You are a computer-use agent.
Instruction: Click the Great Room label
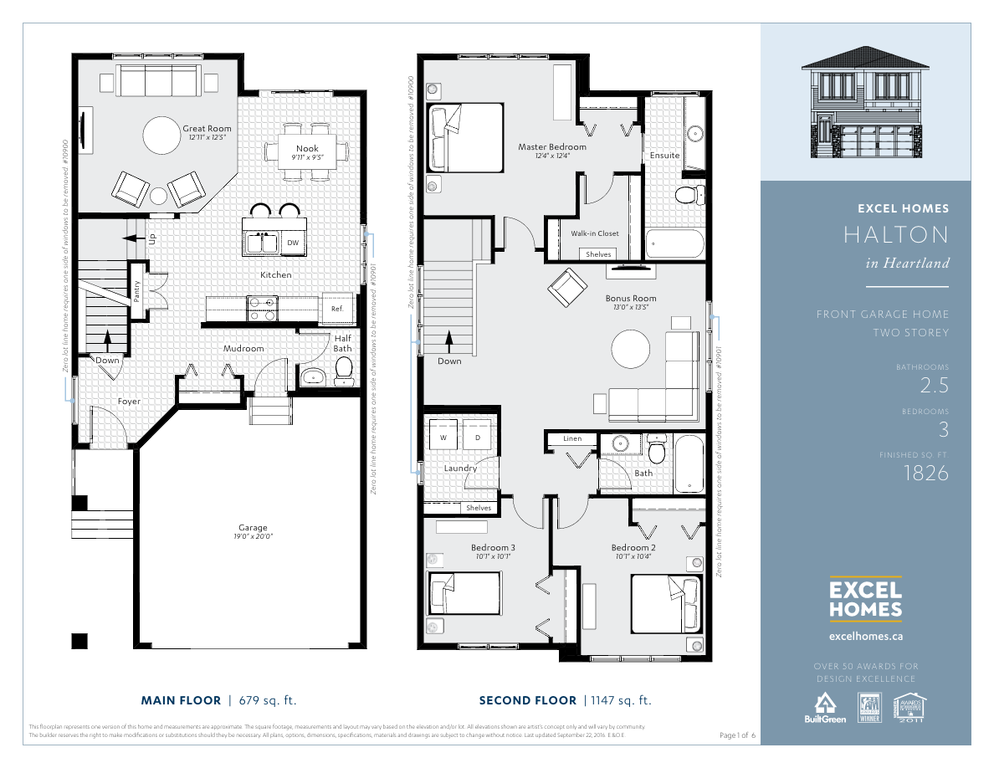click(x=207, y=128)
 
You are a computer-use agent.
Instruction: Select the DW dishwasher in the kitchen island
click(x=293, y=243)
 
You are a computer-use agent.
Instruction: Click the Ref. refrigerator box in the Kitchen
click(x=337, y=308)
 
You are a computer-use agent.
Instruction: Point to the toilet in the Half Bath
click(x=343, y=371)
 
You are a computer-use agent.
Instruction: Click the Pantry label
click(x=137, y=289)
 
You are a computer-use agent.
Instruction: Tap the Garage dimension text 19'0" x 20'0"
click(x=253, y=536)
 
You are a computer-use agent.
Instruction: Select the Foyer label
click(x=129, y=402)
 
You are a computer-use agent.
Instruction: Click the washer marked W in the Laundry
click(x=443, y=437)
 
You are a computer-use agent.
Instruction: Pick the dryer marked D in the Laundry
click(x=478, y=437)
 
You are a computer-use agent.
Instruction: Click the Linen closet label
click(x=572, y=438)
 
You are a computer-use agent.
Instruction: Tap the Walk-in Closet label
click(x=595, y=233)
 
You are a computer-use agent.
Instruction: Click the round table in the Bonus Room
click(x=631, y=349)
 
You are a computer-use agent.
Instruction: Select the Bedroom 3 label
click(x=493, y=548)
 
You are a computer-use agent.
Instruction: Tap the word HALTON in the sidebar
click(x=895, y=235)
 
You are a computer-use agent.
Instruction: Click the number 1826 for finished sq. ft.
click(x=926, y=474)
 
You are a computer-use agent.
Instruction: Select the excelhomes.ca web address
click(x=865, y=636)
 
